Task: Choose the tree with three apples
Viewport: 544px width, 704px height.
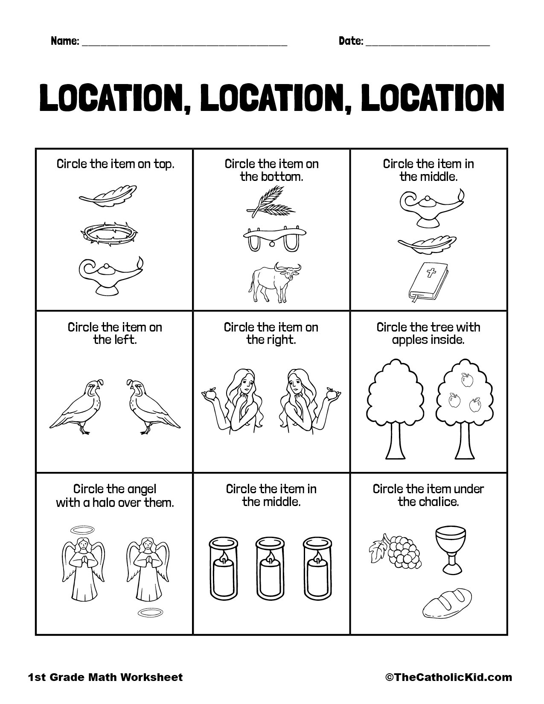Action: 463,405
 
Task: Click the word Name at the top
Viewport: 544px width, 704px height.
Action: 64,41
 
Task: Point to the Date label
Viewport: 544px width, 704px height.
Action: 351,41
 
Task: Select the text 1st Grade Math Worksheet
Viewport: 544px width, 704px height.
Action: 105,677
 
